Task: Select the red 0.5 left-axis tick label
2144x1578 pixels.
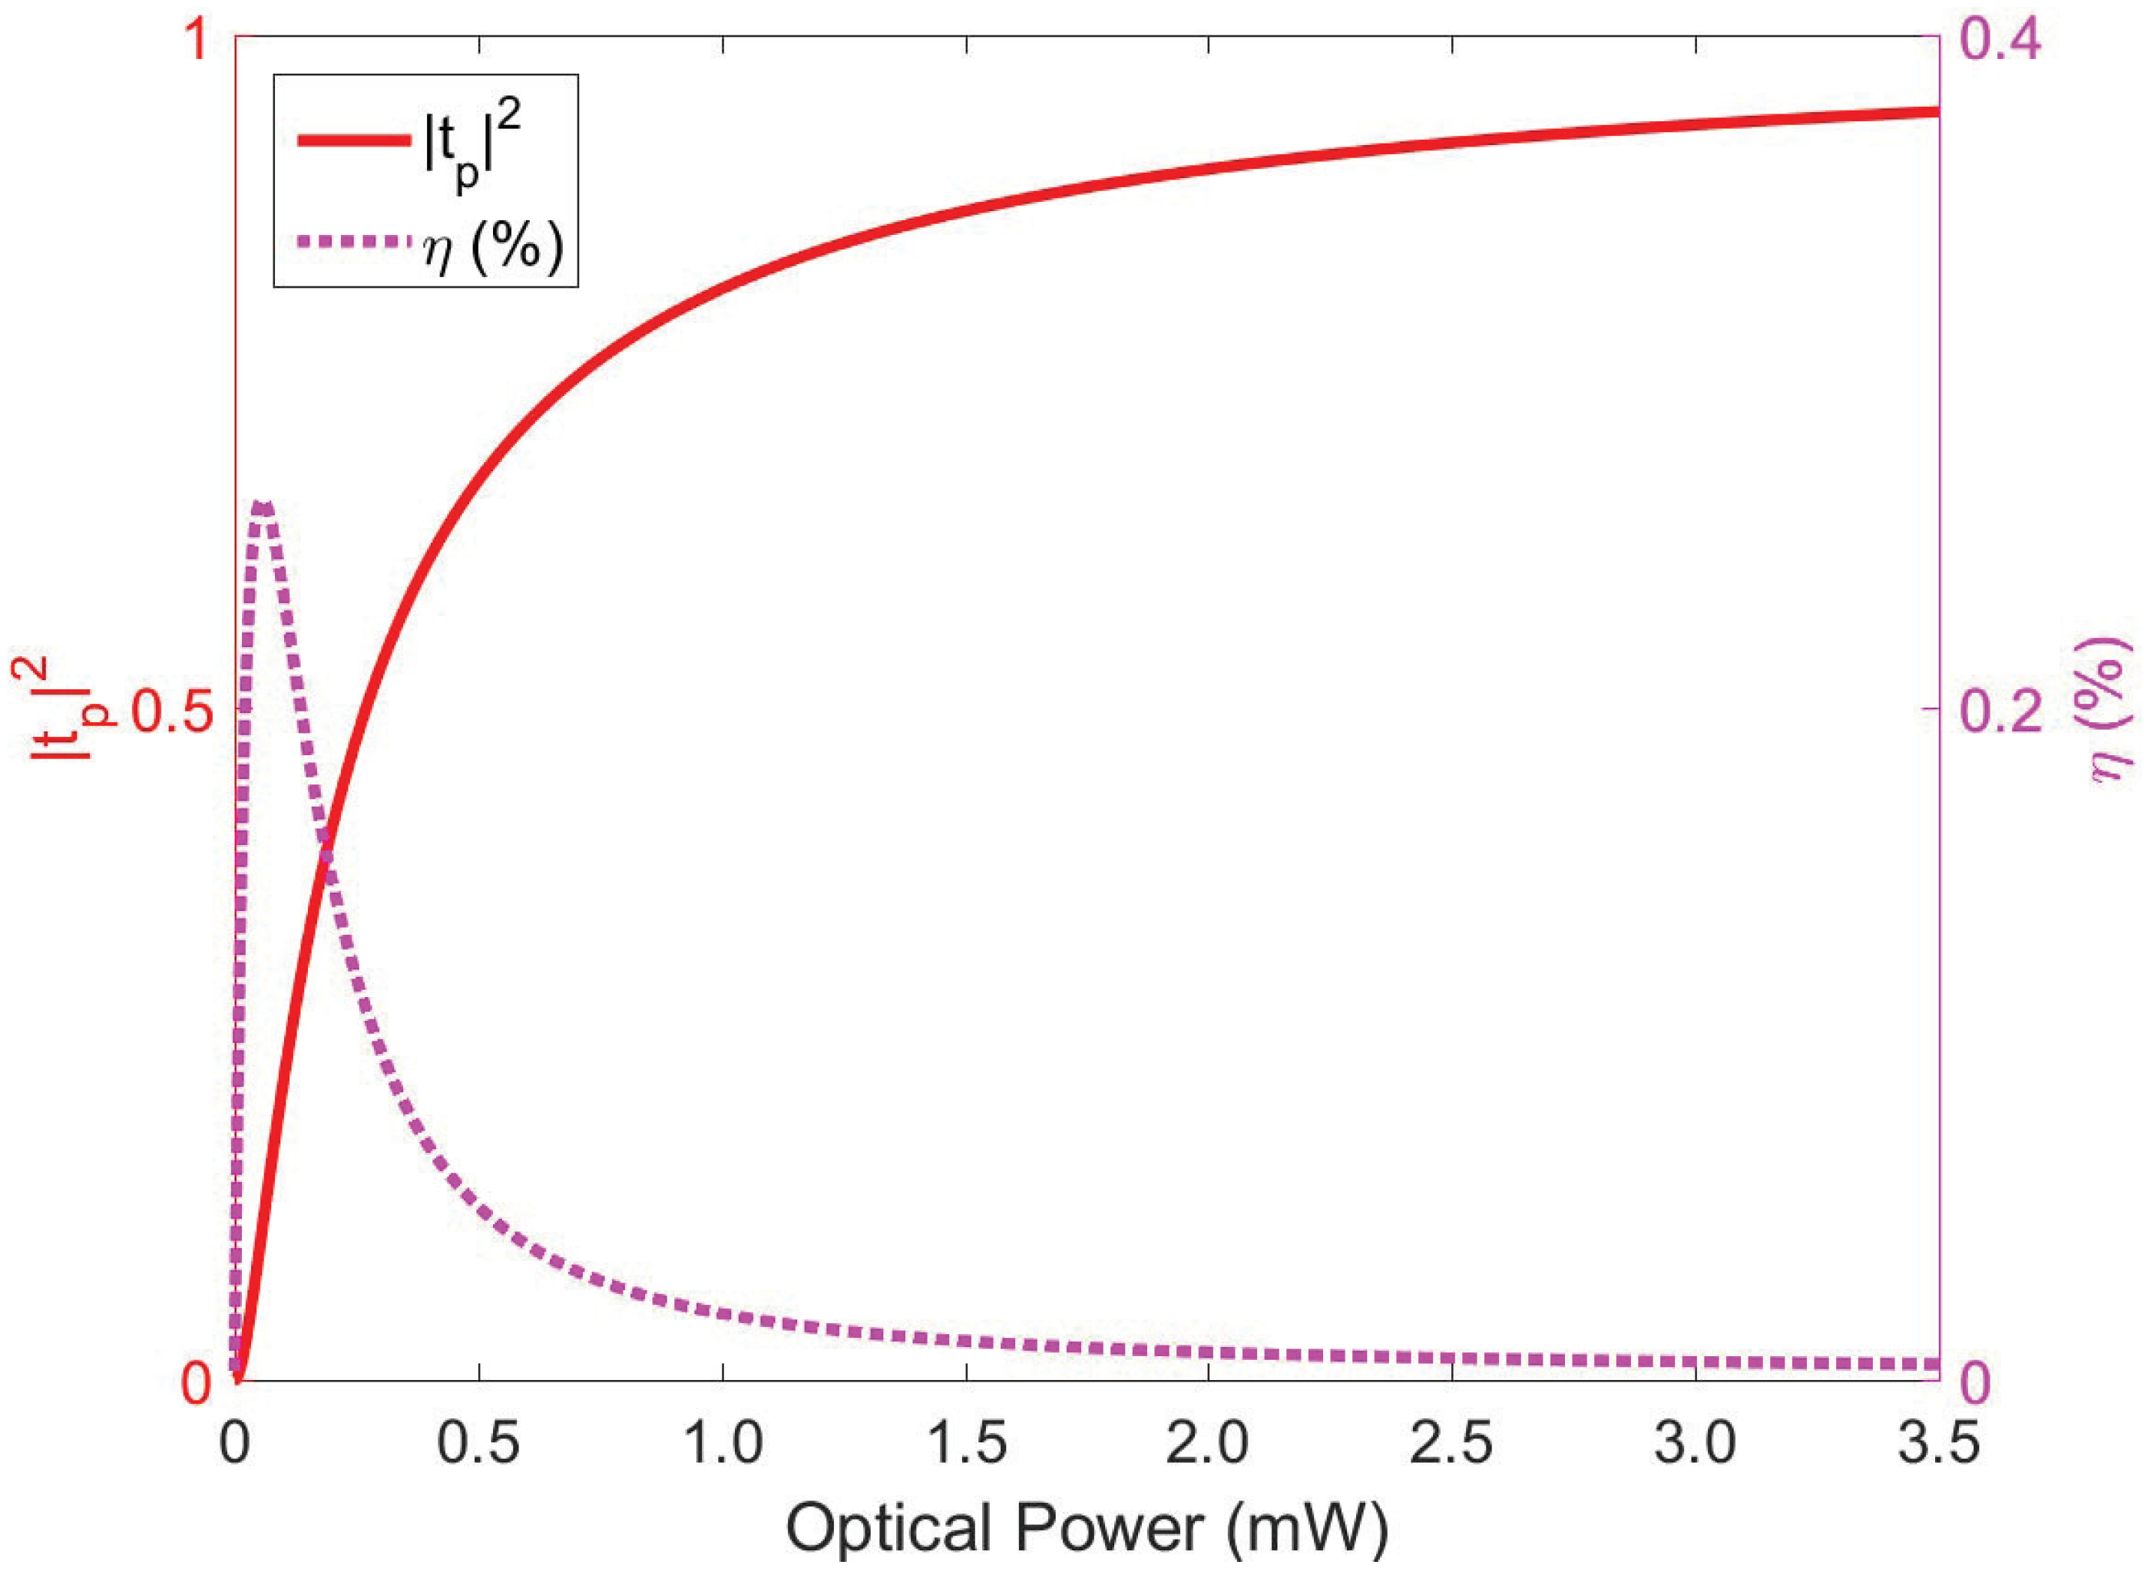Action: click(170, 711)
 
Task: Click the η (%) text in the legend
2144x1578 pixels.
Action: click(493, 246)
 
